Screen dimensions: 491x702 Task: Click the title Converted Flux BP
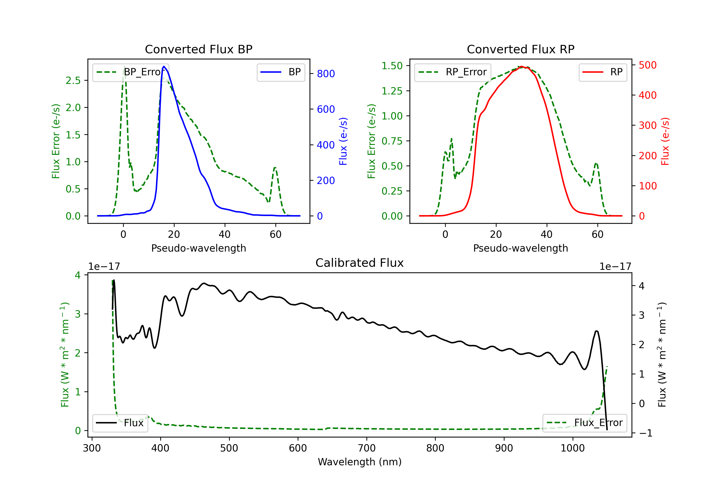pyautogui.click(x=198, y=49)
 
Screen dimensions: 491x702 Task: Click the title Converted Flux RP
pyautogui.click(x=520, y=49)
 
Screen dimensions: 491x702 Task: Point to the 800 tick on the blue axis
pyautogui.click(x=326, y=74)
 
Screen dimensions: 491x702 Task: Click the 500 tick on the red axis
pyautogui.click(x=647, y=65)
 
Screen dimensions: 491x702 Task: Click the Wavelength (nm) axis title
pyautogui.click(x=360, y=462)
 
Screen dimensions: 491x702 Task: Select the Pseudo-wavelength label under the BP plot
pyautogui.click(x=198, y=248)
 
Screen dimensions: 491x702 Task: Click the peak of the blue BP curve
pyautogui.click(x=164, y=66)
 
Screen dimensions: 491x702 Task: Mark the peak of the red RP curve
pyautogui.click(x=521, y=67)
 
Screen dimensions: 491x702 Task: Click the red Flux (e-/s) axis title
pyautogui.click(x=665, y=141)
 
